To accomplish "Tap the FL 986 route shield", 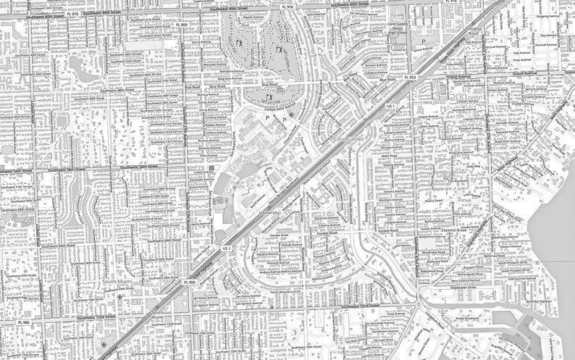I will click(x=25, y=322).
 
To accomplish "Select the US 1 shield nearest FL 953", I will click(x=391, y=106).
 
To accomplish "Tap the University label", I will click(x=269, y=213).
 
